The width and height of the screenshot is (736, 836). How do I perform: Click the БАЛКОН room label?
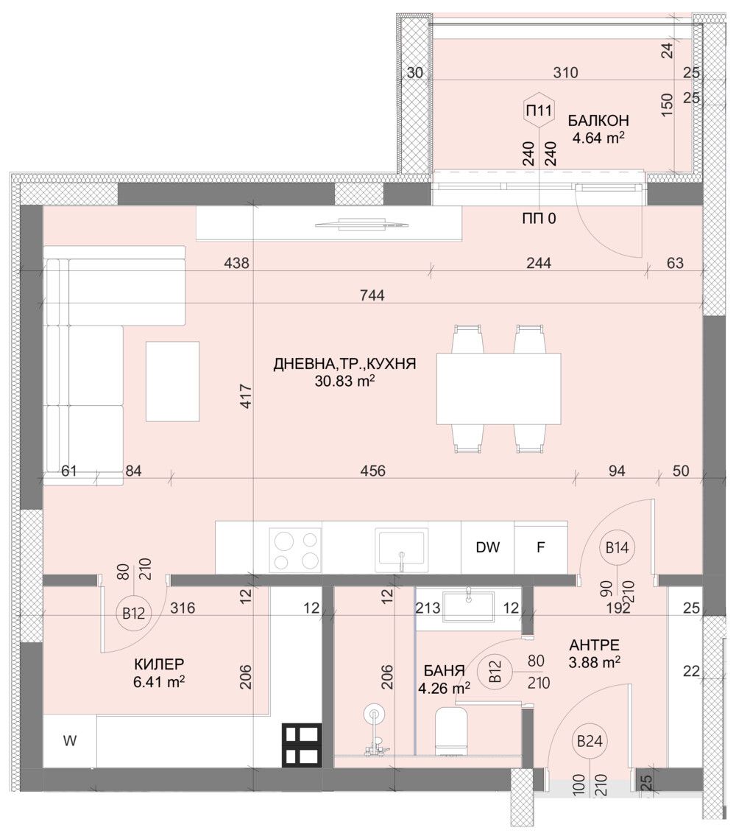(x=598, y=120)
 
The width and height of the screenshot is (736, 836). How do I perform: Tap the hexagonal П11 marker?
(x=538, y=111)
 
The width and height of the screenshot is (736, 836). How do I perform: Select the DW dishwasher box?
(x=487, y=547)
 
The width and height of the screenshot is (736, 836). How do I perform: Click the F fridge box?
(x=540, y=547)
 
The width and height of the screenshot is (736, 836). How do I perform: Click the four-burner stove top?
(x=295, y=549)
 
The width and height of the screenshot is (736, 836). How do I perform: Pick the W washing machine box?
(x=69, y=742)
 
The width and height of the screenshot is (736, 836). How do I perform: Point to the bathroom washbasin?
(x=468, y=605)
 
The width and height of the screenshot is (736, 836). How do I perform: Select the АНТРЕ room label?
(x=593, y=644)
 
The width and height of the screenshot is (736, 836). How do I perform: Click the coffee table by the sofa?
(x=172, y=381)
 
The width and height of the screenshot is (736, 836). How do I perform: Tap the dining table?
(x=498, y=388)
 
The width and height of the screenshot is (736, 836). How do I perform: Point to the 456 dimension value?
(x=373, y=471)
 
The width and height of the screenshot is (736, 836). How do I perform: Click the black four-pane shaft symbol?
(x=301, y=745)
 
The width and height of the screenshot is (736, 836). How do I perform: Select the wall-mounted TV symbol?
(x=360, y=224)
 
